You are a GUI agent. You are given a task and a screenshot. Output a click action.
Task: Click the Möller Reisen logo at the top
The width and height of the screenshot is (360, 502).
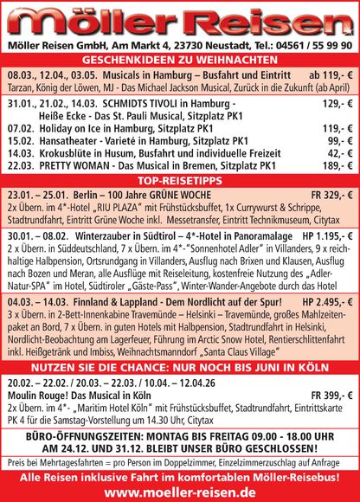click(180, 19)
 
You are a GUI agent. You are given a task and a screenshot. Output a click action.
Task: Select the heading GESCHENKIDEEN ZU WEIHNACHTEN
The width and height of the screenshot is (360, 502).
click(180, 60)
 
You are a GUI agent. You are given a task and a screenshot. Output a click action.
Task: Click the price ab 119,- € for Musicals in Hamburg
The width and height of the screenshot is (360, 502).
click(328, 75)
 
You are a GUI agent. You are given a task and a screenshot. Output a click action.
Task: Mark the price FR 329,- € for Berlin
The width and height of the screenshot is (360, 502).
click(328, 196)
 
